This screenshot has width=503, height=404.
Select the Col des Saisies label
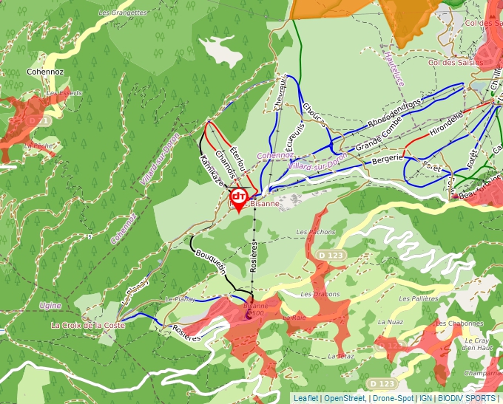455,63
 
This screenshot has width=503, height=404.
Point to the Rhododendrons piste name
394,112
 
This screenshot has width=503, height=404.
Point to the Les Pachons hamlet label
316,232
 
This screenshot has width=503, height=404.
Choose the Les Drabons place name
320,294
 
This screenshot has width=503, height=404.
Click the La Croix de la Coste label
88,325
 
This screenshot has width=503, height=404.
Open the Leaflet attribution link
306,398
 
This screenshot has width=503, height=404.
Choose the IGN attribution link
426,398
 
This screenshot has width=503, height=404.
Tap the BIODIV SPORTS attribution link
467,398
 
